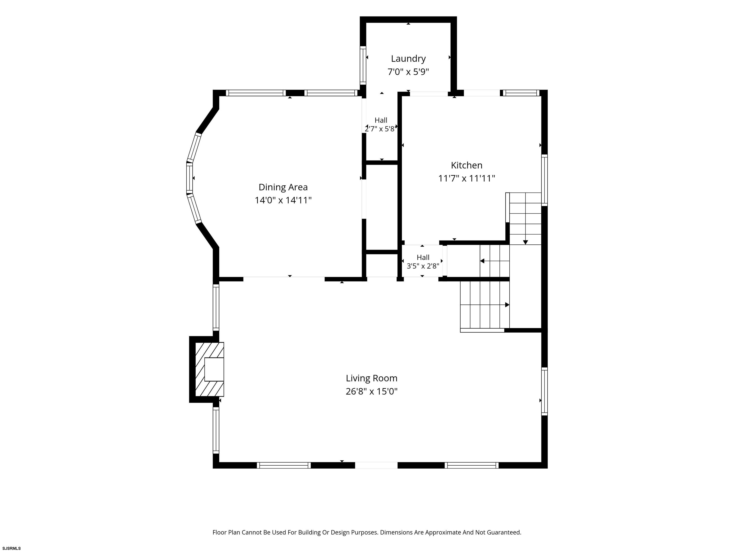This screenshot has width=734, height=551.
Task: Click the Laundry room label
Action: tap(408, 59)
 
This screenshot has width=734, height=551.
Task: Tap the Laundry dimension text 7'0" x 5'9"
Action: tap(408, 72)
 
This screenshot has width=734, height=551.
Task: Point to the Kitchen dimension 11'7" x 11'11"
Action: tap(467, 178)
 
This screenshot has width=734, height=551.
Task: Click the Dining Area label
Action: tap(283, 187)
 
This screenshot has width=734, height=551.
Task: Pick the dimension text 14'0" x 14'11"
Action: tap(283, 200)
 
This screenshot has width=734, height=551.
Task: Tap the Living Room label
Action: tap(372, 378)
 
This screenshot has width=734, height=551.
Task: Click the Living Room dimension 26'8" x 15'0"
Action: tap(372, 391)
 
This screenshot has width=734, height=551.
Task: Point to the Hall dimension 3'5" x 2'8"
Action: tap(423, 266)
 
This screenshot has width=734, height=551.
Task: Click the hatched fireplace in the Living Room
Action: tap(209, 369)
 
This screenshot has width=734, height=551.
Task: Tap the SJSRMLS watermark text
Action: tap(12, 548)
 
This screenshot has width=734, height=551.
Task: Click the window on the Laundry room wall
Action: tap(363, 65)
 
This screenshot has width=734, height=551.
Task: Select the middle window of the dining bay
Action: tap(189, 178)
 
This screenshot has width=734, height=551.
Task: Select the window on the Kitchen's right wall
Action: tap(545, 180)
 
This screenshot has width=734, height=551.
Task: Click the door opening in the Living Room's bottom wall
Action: tap(376, 465)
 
